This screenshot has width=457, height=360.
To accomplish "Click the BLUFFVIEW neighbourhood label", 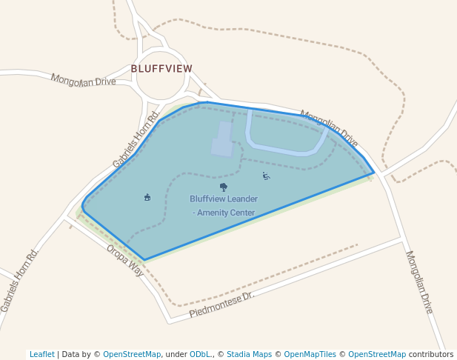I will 161,68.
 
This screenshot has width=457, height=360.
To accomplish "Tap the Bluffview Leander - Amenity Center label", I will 224,205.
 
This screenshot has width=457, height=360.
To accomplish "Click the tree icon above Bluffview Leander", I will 224,187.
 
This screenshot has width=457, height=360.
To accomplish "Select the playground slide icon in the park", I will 266,176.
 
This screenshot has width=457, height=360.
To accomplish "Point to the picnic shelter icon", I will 147,197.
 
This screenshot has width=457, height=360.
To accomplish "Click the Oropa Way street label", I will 124,257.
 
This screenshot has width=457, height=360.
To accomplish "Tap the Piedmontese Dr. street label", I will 221,304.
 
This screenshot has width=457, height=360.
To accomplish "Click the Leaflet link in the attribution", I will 41,354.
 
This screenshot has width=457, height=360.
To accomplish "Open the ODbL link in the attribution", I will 199,354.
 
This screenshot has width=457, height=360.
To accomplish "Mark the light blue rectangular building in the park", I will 222,139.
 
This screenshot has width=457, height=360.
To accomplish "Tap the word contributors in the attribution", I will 431,354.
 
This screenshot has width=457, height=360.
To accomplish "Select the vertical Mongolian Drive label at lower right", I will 418,281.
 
